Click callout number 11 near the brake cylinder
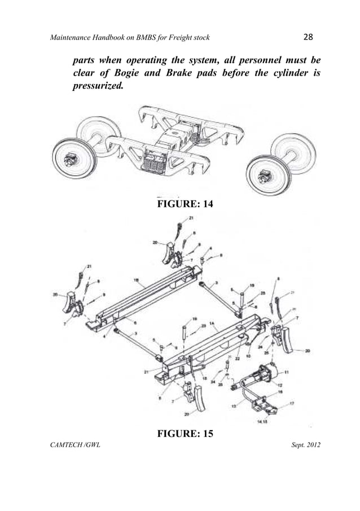[286, 372]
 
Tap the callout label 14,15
[261, 421]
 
